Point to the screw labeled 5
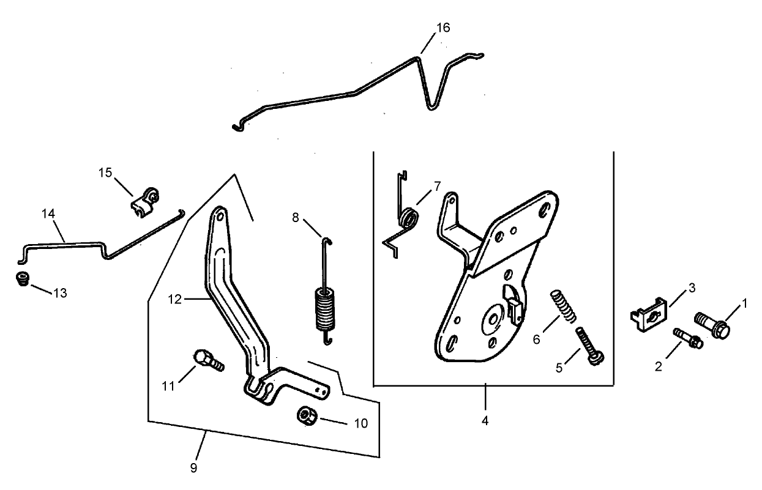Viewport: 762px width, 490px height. (586, 347)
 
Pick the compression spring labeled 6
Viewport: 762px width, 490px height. (564, 306)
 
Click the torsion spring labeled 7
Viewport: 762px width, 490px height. (409, 218)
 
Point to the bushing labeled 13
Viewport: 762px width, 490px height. (22, 280)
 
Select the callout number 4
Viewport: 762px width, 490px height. (485, 421)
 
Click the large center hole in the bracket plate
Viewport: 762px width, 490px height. (491, 320)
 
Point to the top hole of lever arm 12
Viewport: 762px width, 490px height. (219, 215)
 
